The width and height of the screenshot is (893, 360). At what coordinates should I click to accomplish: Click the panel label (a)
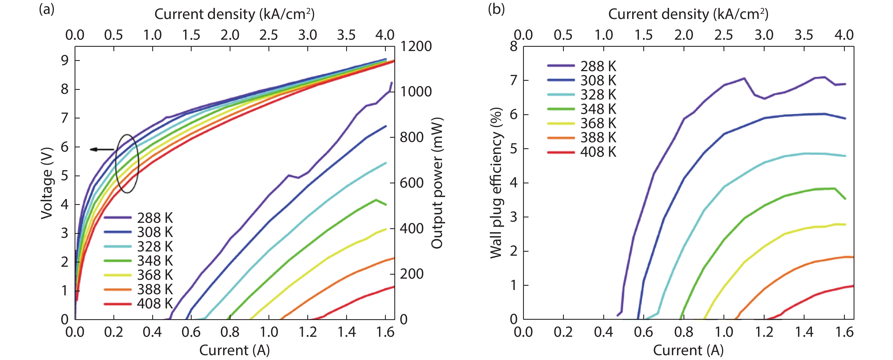click(46, 9)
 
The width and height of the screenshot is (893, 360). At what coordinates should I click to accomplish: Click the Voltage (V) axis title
click(47, 183)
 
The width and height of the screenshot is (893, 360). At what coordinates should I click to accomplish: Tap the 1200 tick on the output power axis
click(416, 46)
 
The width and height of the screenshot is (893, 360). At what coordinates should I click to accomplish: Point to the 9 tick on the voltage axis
click(65, 61)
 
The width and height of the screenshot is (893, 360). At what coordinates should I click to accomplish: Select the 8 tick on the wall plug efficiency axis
click(513, 46)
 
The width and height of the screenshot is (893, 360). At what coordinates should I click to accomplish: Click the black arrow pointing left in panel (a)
click(101, 149)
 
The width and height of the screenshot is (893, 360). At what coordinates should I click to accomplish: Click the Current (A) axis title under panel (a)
click(234, 350)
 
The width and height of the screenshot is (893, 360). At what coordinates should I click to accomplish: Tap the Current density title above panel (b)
click(688, 14)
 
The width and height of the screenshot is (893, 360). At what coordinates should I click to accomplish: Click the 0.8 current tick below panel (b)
click(683, 332)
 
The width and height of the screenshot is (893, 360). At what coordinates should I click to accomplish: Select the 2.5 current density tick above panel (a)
click(269, 35)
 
